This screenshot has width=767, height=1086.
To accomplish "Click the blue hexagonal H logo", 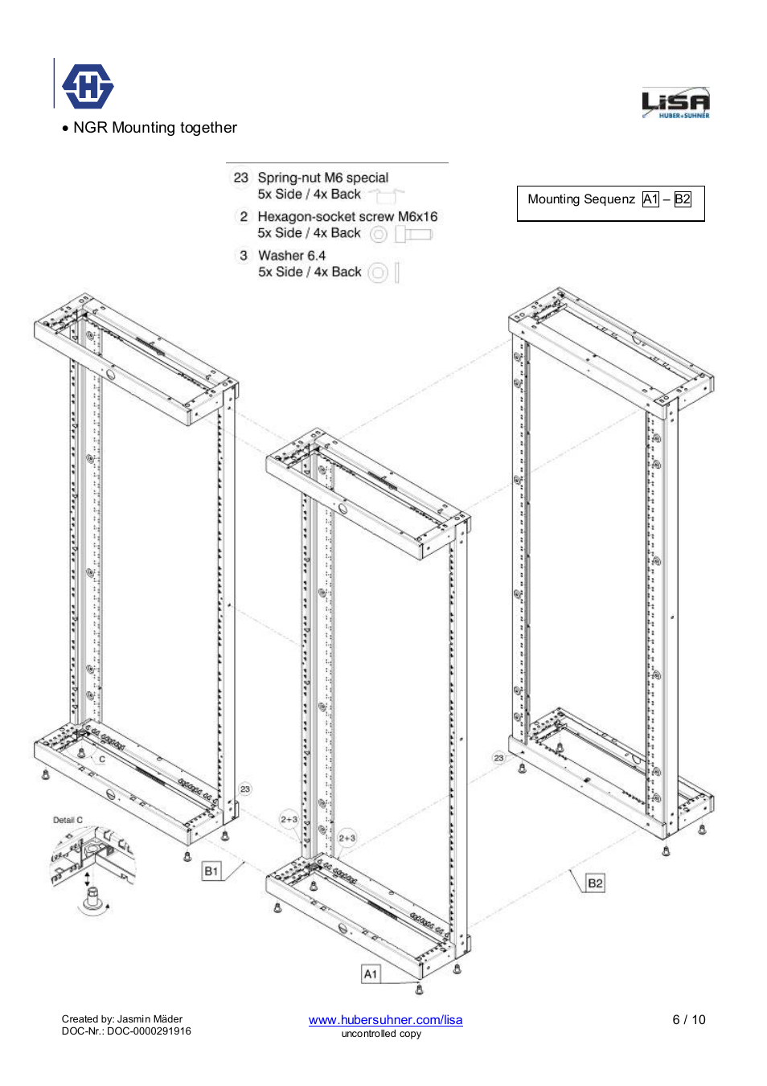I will tap(88, 86).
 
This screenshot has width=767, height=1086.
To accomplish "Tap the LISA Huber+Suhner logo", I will tap(675, 104).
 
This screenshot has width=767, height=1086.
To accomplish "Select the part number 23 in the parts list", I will tap(241, 178).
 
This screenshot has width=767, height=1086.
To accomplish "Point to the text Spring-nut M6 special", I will tap(322, 178).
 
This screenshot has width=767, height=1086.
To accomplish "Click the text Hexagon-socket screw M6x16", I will tap(347, 216).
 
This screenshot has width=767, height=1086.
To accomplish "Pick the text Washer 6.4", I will tap(292, 256).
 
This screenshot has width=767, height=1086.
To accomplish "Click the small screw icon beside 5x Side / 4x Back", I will tap(414, 234).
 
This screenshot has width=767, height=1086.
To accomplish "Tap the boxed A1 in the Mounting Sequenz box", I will tap(650, 199).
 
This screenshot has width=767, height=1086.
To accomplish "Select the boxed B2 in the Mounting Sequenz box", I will tap(683, 199).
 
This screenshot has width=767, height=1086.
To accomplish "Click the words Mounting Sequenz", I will tap(580, 199).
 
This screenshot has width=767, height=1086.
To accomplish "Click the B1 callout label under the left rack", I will tap(211, 871).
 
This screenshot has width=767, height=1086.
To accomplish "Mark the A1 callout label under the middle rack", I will tap(371, 974).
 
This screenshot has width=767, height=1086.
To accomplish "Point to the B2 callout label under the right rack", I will tap(595, 883).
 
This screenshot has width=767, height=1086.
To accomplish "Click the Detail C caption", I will tap(68, 820).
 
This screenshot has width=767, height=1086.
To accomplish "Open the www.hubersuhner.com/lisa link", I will tap(385, 1019).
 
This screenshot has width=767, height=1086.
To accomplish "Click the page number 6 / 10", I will tap(688, 1019).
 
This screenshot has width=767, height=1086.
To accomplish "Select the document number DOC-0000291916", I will tap(149, 1031).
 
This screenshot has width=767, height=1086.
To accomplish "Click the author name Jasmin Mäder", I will tap(150, 1019).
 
